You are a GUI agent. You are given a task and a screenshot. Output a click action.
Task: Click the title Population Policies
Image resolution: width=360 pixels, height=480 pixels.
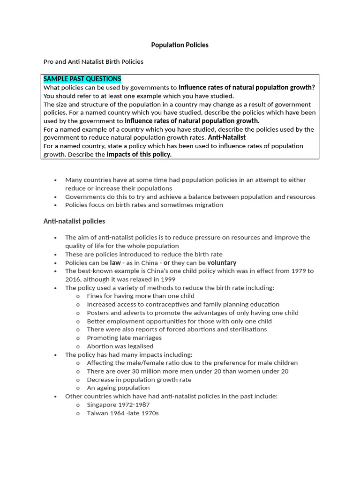pos(180,45)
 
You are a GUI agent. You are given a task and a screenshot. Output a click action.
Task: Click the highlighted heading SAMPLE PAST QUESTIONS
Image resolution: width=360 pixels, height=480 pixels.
pos(82,79)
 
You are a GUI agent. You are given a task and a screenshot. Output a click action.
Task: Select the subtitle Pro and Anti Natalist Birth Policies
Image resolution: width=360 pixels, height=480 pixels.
pos(93,61)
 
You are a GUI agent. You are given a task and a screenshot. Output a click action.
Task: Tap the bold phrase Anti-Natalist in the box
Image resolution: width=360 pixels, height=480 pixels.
pos(227,137)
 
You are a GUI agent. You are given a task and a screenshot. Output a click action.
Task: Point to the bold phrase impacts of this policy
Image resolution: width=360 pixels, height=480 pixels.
pos(139,154)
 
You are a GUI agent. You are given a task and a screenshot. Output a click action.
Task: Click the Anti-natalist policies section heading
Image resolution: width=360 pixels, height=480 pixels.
pos(74,221)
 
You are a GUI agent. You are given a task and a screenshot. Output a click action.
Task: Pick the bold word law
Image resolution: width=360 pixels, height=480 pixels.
pos(115,262)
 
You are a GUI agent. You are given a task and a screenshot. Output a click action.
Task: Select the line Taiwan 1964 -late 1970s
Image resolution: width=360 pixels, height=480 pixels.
pos(123,413)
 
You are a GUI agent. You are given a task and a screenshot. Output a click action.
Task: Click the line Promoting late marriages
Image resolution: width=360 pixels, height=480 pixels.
pos(124,338)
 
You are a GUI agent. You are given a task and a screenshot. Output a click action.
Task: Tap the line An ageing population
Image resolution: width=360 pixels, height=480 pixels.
pos(118,388)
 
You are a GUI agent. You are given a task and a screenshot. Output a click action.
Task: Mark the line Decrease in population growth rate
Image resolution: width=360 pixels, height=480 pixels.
pos(139,380)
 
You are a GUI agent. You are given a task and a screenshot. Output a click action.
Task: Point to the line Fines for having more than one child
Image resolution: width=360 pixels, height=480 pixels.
pos(141,296)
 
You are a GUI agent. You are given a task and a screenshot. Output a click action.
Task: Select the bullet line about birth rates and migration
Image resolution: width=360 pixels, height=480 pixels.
pos(144,205)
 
